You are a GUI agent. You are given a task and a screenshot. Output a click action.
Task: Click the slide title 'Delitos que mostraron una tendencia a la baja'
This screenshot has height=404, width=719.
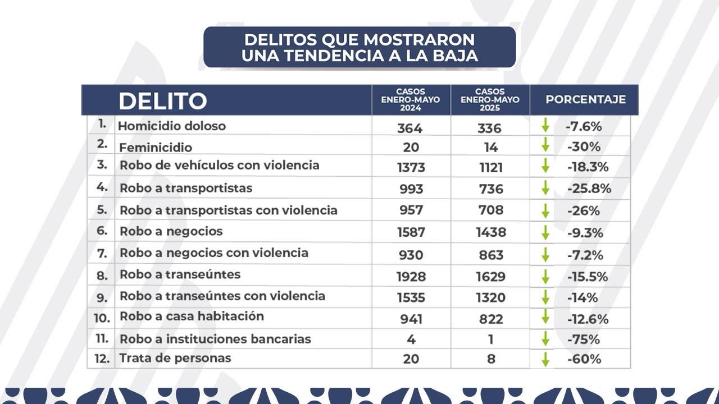359,47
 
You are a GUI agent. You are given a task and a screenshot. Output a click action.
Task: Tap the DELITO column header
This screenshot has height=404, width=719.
162,101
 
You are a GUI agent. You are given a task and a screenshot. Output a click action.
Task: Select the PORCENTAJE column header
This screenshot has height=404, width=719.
585,100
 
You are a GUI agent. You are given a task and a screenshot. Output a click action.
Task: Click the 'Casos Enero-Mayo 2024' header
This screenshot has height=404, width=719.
411,100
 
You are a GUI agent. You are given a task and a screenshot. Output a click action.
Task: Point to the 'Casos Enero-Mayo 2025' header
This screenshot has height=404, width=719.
490,100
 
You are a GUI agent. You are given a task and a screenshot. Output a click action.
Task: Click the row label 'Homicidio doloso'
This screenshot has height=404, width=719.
172,126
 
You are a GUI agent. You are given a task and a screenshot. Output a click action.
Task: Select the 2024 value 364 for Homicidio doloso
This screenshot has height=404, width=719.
409,128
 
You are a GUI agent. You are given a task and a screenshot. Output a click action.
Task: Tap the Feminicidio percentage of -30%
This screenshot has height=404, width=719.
584,147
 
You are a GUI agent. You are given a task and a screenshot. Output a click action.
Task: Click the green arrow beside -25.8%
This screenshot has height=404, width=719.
545,188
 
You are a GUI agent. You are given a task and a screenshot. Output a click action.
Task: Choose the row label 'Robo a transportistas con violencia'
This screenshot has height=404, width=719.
229,210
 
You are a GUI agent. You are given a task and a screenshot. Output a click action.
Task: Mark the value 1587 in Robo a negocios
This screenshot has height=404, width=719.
410,232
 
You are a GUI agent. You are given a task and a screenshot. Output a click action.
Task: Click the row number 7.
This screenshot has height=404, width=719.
102,254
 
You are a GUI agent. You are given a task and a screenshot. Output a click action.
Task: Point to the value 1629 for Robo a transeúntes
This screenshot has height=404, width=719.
490,276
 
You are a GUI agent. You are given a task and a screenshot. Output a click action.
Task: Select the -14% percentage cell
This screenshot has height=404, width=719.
582,297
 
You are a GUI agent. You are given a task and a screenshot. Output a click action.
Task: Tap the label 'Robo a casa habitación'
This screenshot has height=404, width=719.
192,316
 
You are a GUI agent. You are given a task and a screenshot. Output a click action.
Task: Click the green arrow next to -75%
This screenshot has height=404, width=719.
545,339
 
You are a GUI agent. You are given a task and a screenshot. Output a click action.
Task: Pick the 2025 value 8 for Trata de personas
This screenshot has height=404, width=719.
491,359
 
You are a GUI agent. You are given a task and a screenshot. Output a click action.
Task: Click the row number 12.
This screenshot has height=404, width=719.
102,359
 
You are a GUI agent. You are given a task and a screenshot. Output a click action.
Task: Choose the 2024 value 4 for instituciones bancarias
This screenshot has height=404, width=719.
411,339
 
